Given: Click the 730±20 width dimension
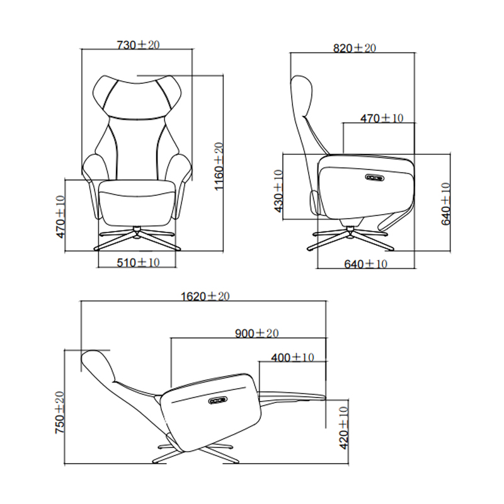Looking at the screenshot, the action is [138, 45].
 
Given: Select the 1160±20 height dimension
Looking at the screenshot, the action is [219, 166].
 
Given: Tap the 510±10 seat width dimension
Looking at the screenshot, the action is [138, 263].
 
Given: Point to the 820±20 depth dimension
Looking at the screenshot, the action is [354, 48].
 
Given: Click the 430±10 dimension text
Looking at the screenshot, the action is [278, 191].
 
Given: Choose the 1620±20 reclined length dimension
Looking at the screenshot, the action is [205, 296].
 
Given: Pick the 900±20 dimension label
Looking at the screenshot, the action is [256, 333].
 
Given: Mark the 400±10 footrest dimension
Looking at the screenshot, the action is [292, 357].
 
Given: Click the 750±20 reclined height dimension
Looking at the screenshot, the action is [60, 413].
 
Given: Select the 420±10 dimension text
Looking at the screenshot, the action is [343, 428].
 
